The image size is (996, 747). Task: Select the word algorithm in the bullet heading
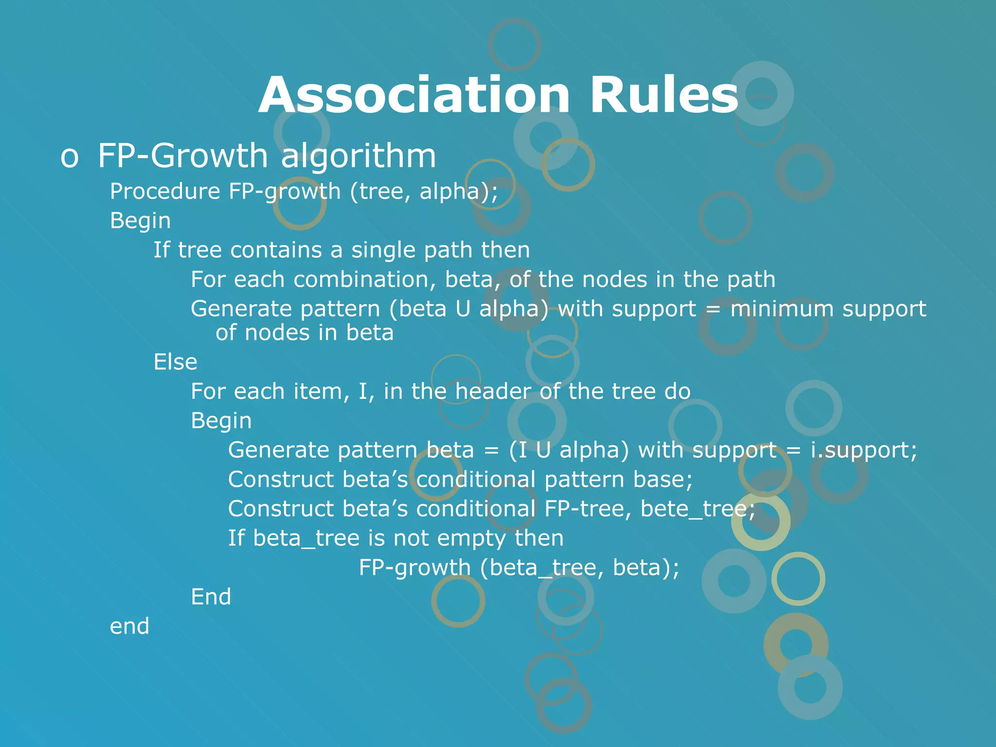[x=358, y=157]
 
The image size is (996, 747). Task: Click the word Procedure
[x=165, y=191]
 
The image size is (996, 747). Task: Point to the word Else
[x=175, y=362]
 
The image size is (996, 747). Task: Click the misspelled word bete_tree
[x=697, y=509]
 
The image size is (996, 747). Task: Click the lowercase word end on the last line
[x=129, y=626]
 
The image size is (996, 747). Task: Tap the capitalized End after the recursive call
[x=211, y=597]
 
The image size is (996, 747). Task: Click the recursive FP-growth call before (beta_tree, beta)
[x=414, y=568]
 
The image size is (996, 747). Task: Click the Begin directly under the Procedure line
[x=140, y=221]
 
